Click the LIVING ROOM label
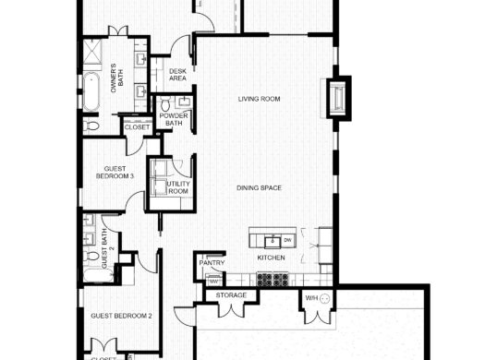click(259, 99)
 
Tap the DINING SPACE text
click(259, 188)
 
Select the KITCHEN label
click(270, 257)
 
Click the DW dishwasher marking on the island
click(287, 241)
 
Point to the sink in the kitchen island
click(273, 241)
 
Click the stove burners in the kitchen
click(273, 277)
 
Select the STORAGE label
click(231, 295)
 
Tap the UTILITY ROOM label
click(177, 187)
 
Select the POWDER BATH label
click(173, 119)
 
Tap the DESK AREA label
click(177, 76)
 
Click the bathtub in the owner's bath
click(92, 95)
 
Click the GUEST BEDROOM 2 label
click(120, 316)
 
